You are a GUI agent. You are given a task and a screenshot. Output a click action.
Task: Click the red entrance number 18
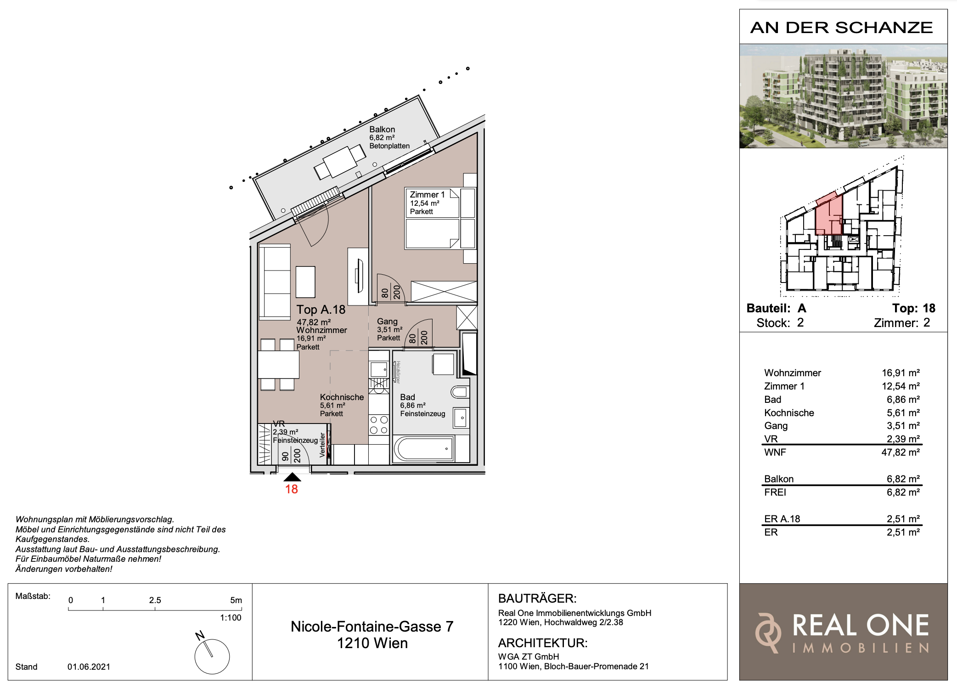(x=292, y=489)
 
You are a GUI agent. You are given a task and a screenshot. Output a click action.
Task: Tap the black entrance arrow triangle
(x=292, y=477)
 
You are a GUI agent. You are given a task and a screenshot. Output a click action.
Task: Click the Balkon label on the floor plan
(x=382, y=130)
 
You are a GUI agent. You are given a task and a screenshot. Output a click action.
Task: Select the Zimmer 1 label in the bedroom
(x=427, y=195)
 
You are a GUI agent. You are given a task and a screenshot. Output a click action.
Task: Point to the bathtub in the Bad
(x=423, y=449)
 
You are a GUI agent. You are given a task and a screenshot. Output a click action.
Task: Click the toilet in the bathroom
(x=460, y=392)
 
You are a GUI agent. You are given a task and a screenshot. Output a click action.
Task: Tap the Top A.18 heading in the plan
(x=321, y=310)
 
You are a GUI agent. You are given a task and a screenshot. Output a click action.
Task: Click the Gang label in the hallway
(x=387, y=322)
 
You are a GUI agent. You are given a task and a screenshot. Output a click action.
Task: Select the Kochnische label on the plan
(x=342, y=397)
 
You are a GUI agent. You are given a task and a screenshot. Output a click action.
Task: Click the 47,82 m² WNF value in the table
(x=901, y=452)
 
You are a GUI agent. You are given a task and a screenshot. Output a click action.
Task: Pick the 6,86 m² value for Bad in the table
(x=903, y=400)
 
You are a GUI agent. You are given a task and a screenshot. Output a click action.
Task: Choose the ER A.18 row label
(x=782, y=519)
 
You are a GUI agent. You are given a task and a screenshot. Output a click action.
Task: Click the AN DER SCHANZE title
(x=842, y=28)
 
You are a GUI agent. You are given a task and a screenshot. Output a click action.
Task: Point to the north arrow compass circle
(x=212, y=656)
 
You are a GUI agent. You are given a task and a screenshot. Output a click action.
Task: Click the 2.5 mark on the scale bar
(x=155, y=600)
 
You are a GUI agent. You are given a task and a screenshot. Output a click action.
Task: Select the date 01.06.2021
(x=89, y=667)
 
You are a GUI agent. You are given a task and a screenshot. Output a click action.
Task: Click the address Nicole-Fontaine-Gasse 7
(x=372, y=627)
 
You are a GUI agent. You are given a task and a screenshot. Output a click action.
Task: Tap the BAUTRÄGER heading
(x=537, y=599)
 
